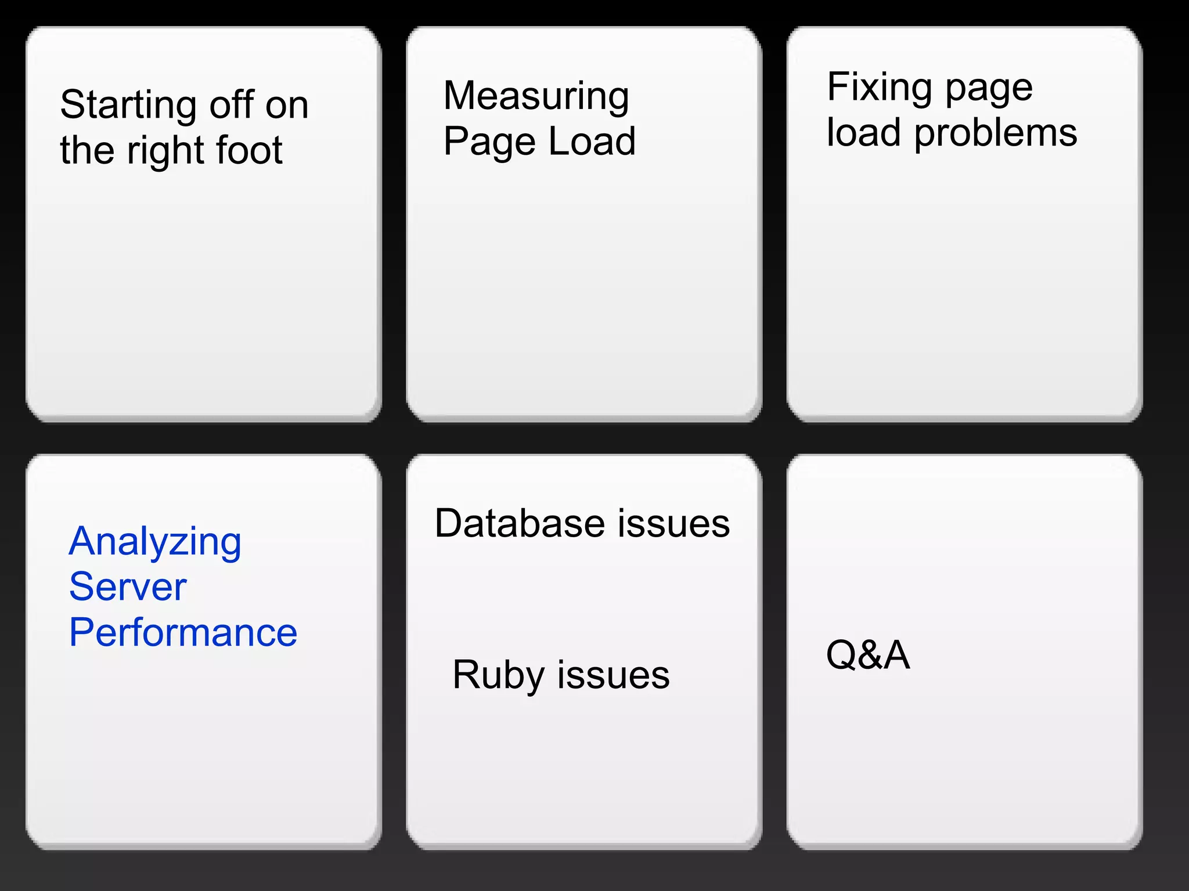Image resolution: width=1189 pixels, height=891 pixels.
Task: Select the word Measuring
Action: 536,96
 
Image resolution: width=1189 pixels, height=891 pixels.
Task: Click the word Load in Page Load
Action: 592,142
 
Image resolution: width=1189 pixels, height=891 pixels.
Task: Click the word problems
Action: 996,133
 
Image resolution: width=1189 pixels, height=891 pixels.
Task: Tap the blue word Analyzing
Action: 154,542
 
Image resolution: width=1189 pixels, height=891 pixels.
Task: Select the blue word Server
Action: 128,587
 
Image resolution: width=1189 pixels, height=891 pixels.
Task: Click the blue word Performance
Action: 183,632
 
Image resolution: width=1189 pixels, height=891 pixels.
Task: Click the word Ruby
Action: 498,676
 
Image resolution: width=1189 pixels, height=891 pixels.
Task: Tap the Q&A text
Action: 867,655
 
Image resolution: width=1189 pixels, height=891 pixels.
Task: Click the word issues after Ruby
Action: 613,676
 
